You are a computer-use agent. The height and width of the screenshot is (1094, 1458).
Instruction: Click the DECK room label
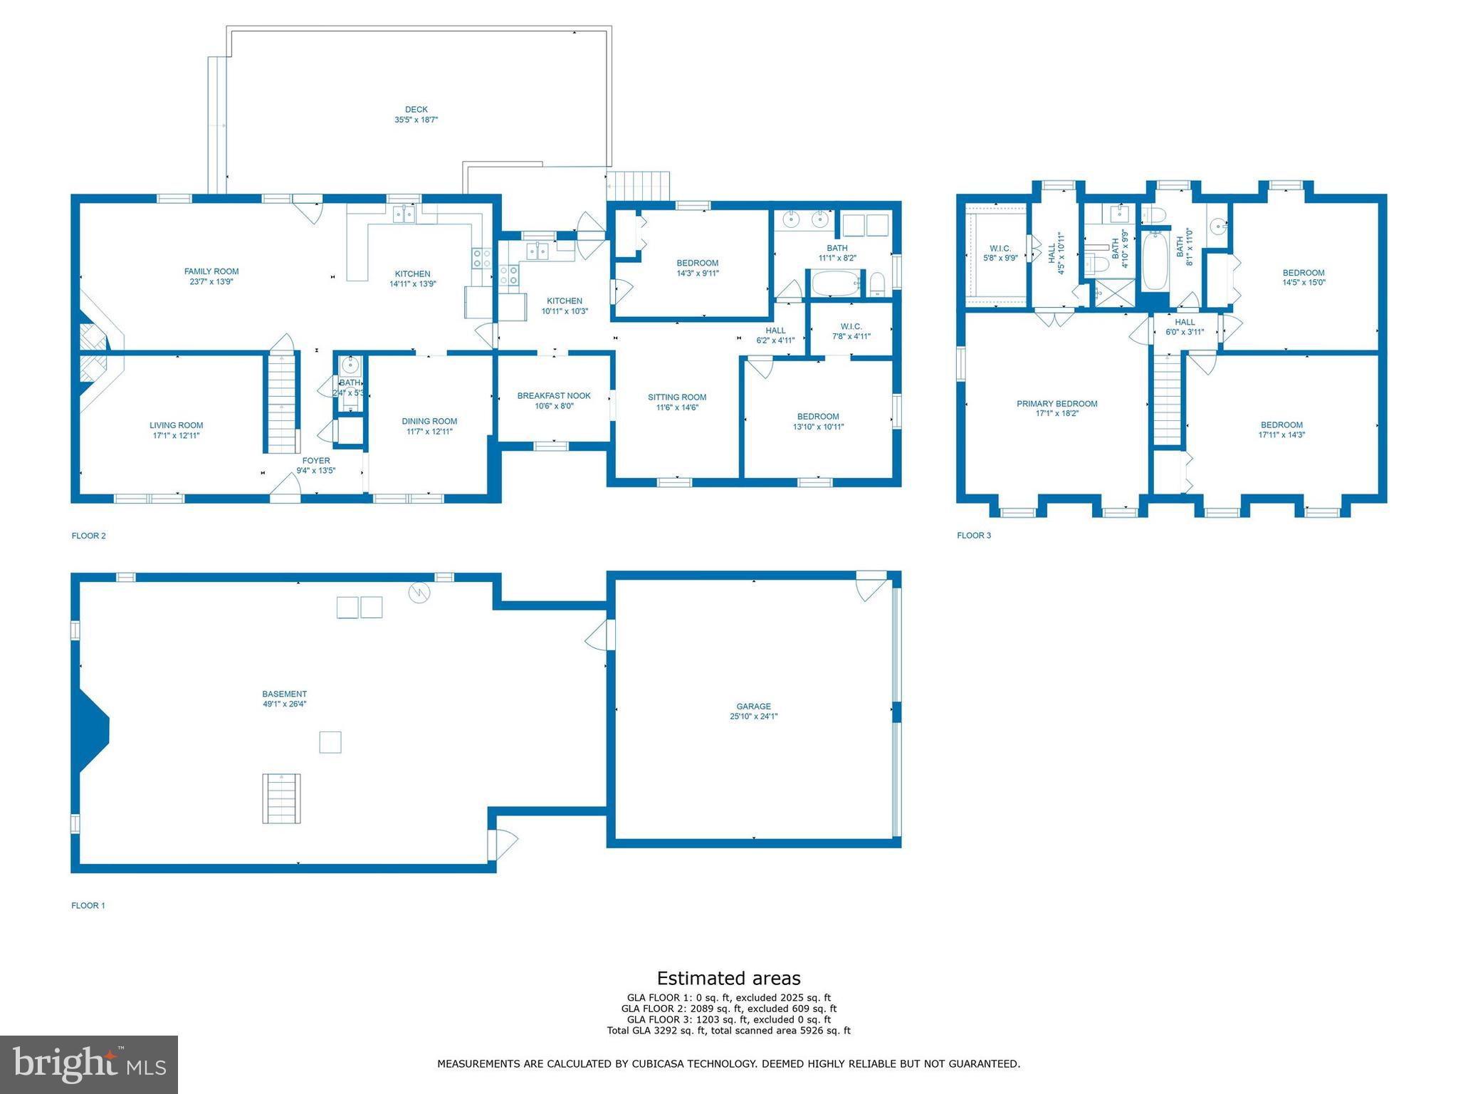click(x=416, y=110)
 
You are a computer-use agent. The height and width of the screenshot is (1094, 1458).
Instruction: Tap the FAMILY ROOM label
click(x=211, y=271)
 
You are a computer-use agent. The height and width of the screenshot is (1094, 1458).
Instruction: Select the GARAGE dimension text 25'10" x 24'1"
click(x=754, y=717)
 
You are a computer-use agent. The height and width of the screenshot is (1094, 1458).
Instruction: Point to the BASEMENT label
click(x=285, y=694)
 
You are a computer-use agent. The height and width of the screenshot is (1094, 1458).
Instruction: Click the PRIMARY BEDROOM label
click(x=1057, y=404)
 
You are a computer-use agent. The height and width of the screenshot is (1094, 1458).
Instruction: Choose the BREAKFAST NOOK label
click(x=554, y=396)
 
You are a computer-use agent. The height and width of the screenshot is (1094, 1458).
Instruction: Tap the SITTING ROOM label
click(x=677, y=397)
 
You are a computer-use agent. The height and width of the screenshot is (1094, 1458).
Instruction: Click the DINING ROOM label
click(x=429, y=421)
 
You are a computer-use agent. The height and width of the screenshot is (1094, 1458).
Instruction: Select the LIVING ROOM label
click(x=177, y=425)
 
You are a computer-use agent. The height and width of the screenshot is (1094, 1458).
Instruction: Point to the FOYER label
click(x=316, y=461)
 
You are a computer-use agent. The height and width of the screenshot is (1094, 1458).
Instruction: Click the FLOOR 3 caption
click(x=974, y=536)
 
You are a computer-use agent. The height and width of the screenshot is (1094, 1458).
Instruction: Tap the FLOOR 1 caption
click(x=88, y=906)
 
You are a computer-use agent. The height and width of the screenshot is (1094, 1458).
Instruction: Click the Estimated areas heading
click(x=728, y=979)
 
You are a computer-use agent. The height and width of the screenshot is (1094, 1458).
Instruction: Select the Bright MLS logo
click(x=89, y=1065)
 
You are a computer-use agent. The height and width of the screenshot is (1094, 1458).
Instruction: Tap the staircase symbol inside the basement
click(x=282, y=798)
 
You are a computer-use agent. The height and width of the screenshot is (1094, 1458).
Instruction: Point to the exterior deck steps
click(x=639, y=186)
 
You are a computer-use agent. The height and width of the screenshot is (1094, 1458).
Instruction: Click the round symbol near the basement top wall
click(x=419, y=593)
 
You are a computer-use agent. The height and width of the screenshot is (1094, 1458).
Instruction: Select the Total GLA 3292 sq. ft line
click(x=728, y=1031)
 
